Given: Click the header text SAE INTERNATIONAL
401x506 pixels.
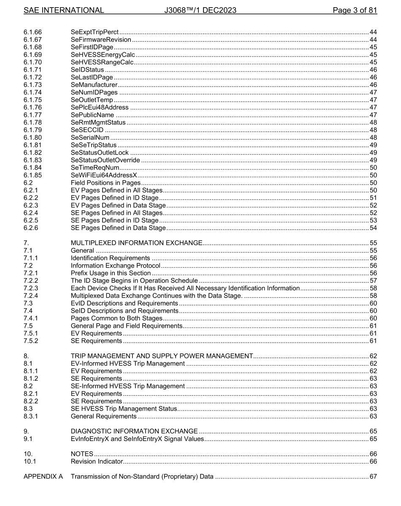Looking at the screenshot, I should (x=64, y=10).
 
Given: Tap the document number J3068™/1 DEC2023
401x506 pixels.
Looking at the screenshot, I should (x=200, y=10).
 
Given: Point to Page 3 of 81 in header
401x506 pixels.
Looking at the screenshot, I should (x=355, y=10).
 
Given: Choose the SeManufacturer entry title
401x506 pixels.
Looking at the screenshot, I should (x=94, y=85).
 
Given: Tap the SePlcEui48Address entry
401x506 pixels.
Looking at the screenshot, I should (x=100, y=108).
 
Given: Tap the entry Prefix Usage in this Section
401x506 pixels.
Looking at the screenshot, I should (x=111, y=273).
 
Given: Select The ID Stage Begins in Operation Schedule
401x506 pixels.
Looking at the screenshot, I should (x=134, y=281).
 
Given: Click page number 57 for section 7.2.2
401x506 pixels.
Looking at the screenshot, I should (x=373, y=281).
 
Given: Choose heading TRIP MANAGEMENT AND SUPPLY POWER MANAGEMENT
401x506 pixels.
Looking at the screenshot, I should (x=162, y=356).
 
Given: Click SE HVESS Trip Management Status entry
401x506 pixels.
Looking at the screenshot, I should (x=123, y=409).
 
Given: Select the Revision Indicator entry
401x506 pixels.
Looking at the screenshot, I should (x=96, y=461).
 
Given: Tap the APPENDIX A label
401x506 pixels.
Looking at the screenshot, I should (x=43, y=477).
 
